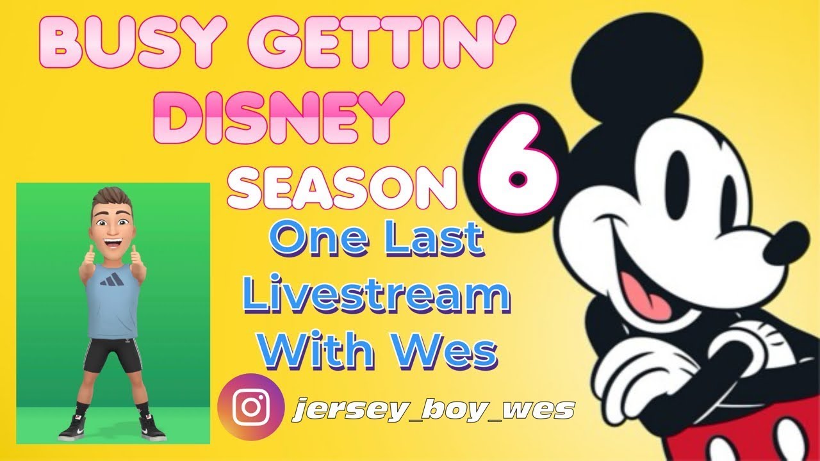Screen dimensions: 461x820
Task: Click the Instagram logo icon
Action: (x=250, y=407)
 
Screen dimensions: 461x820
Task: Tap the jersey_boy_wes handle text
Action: (x=432, y=408)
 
